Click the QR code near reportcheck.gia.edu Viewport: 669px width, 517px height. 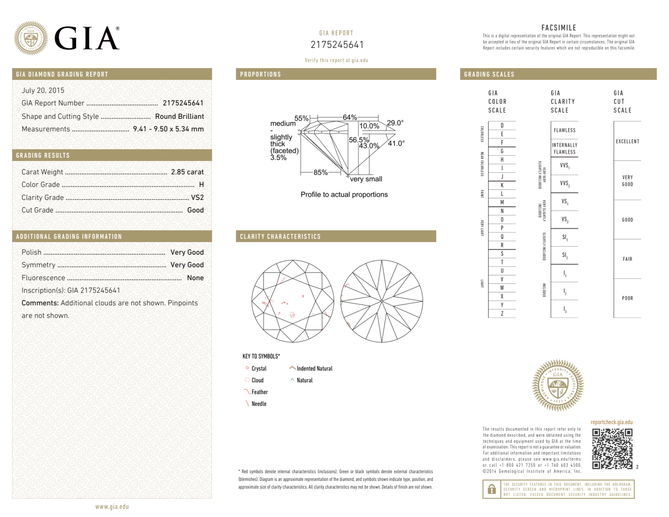pos(612,448)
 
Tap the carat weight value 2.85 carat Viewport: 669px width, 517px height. pos(187,172)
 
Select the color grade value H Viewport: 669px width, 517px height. pos(201,185)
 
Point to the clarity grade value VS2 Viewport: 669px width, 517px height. pos(197,197)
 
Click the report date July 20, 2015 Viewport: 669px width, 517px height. pos(43,90)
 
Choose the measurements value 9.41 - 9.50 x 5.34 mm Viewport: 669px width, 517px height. pos(168,129)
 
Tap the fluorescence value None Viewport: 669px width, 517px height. pos(195,278)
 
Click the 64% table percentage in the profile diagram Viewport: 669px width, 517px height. pos(349,117)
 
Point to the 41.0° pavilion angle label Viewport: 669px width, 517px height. pos(396,143)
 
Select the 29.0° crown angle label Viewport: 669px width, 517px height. pos(395,123)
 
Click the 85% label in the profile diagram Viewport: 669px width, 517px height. pos(320,173)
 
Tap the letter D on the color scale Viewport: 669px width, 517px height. pos(502,125)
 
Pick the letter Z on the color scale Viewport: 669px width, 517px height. pos(502,313)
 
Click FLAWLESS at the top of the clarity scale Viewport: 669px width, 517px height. pos(564,130)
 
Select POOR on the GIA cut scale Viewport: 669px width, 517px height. pos(627,298)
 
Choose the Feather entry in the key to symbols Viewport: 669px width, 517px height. pos(259,392)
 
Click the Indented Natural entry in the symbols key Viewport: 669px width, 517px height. pos(314,369)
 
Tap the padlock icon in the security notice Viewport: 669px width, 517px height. pos(491,489)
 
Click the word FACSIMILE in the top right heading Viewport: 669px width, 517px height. pos(559,28)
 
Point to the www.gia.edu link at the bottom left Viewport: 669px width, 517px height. pos(112,507)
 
